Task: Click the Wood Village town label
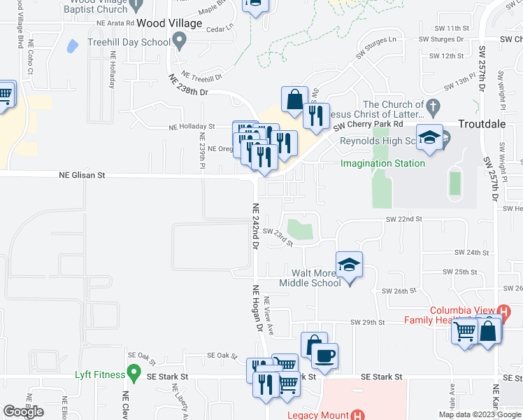pyautogui.click(x=169, y=23)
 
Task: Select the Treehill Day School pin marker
pyautogui.click(x=179, y=43)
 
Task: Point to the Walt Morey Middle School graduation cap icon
pyautogui.click(x=349, y=265)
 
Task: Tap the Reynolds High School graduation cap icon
pyautogui.click(x=429, y=137)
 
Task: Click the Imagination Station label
pyautogui.click(x=382, y=164)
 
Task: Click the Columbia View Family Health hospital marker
pyautogui.click(x=503, y=311)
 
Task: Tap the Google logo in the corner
pyautogui.click(x=24, y=412)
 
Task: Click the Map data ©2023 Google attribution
pyautogui.click(x=479, y=414)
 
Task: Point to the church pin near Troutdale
pyautogui.click(x=433, y=106)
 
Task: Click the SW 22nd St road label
pyautogui.click(x=404, y=219)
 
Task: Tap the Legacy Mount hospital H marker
pyautogui.click(x=358, y=414)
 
